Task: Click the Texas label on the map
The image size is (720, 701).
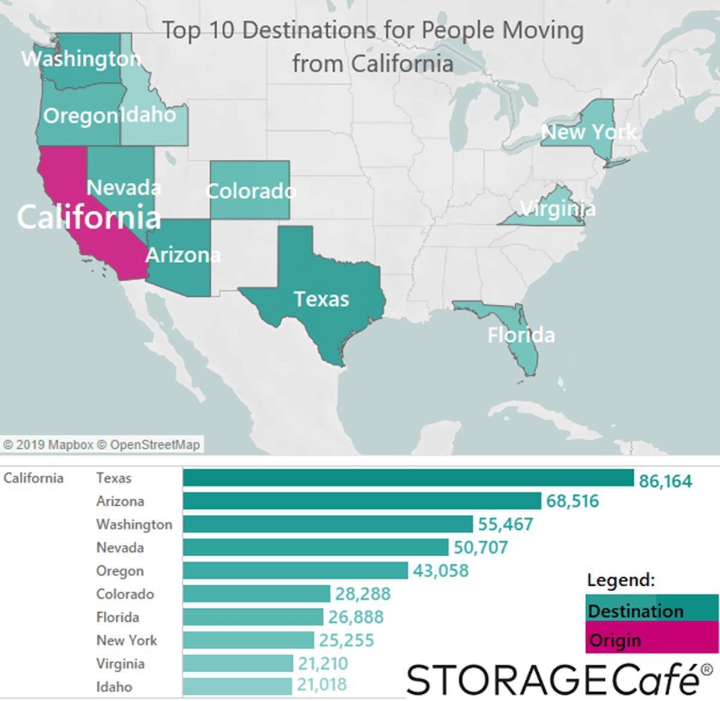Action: (321, 299)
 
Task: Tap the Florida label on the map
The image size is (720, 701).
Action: (521, 335)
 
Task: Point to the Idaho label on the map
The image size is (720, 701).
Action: (148, 114)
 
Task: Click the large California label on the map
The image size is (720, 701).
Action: (89, 217)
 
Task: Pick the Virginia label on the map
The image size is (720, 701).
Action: (557, 208)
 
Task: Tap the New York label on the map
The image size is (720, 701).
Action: (589, 132)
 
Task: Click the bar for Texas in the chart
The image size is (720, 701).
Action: (408, 478)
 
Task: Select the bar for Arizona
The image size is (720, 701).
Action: (362, 501)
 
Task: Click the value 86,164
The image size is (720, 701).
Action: (665, 481)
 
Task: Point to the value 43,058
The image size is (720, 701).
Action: (440, 571)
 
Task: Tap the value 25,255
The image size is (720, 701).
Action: (346, 640)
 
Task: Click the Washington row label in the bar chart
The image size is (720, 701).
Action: (134, 524)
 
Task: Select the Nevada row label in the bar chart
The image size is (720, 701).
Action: (120, 548)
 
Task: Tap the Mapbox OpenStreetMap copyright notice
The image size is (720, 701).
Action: (101, 445)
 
